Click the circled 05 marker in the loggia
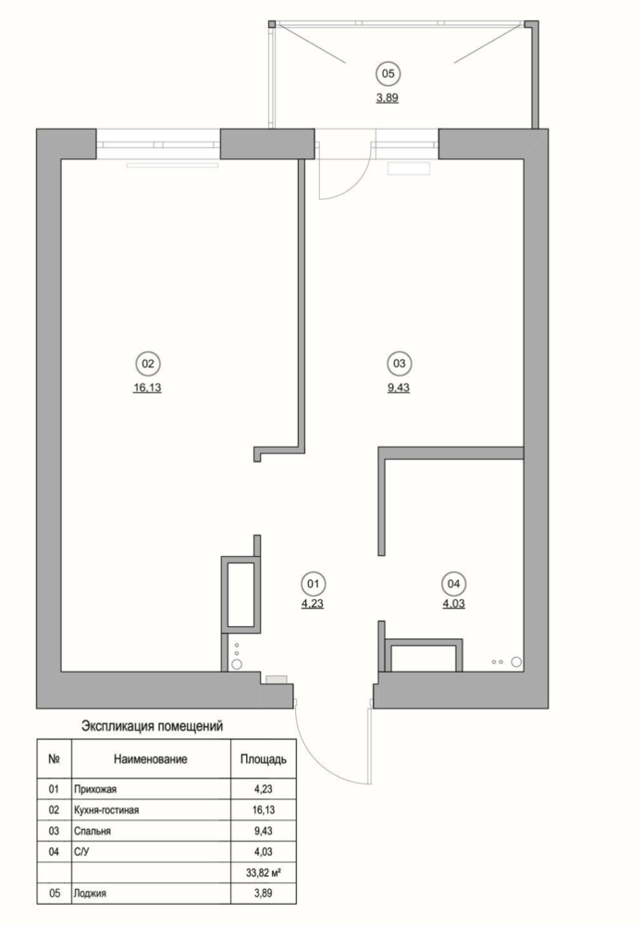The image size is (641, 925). pyautogui.click(x=388, y=74)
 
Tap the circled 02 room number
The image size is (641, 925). pyautogui.click(x=148, y=364)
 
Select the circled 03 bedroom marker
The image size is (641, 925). pyautogui.click(x=400, y=364)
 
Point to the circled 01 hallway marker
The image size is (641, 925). pyautogui.click(x=314, y=584)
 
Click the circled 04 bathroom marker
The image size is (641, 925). pyautogui.click(x=453, y=584)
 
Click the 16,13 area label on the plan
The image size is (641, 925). pyautogui.click(x=147, y=388)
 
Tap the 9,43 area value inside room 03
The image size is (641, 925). pyautogui.click(x=399, y=388)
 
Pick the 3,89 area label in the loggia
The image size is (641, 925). pyautogui.click(x=388, y=98)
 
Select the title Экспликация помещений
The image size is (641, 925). pyautogui.click(x=152, y=726)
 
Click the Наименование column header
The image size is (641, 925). pyautogui.click(x=151, y=759)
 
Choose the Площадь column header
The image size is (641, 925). pyautogui.click(x=263, y=759)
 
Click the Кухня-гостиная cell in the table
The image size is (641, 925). pyautogui.click(x=106, y=810)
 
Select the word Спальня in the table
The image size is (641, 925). pyautogui.click(x=92, y=831)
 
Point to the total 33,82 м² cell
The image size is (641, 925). pyautogui.click(x=263, y=872)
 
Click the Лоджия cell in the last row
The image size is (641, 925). pyautogui.click(x=91, y=894)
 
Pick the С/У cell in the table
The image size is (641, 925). pyautogui.click(x=81, y=852)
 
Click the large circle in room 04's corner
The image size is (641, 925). pyautogui.click(x=516, y=662)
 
